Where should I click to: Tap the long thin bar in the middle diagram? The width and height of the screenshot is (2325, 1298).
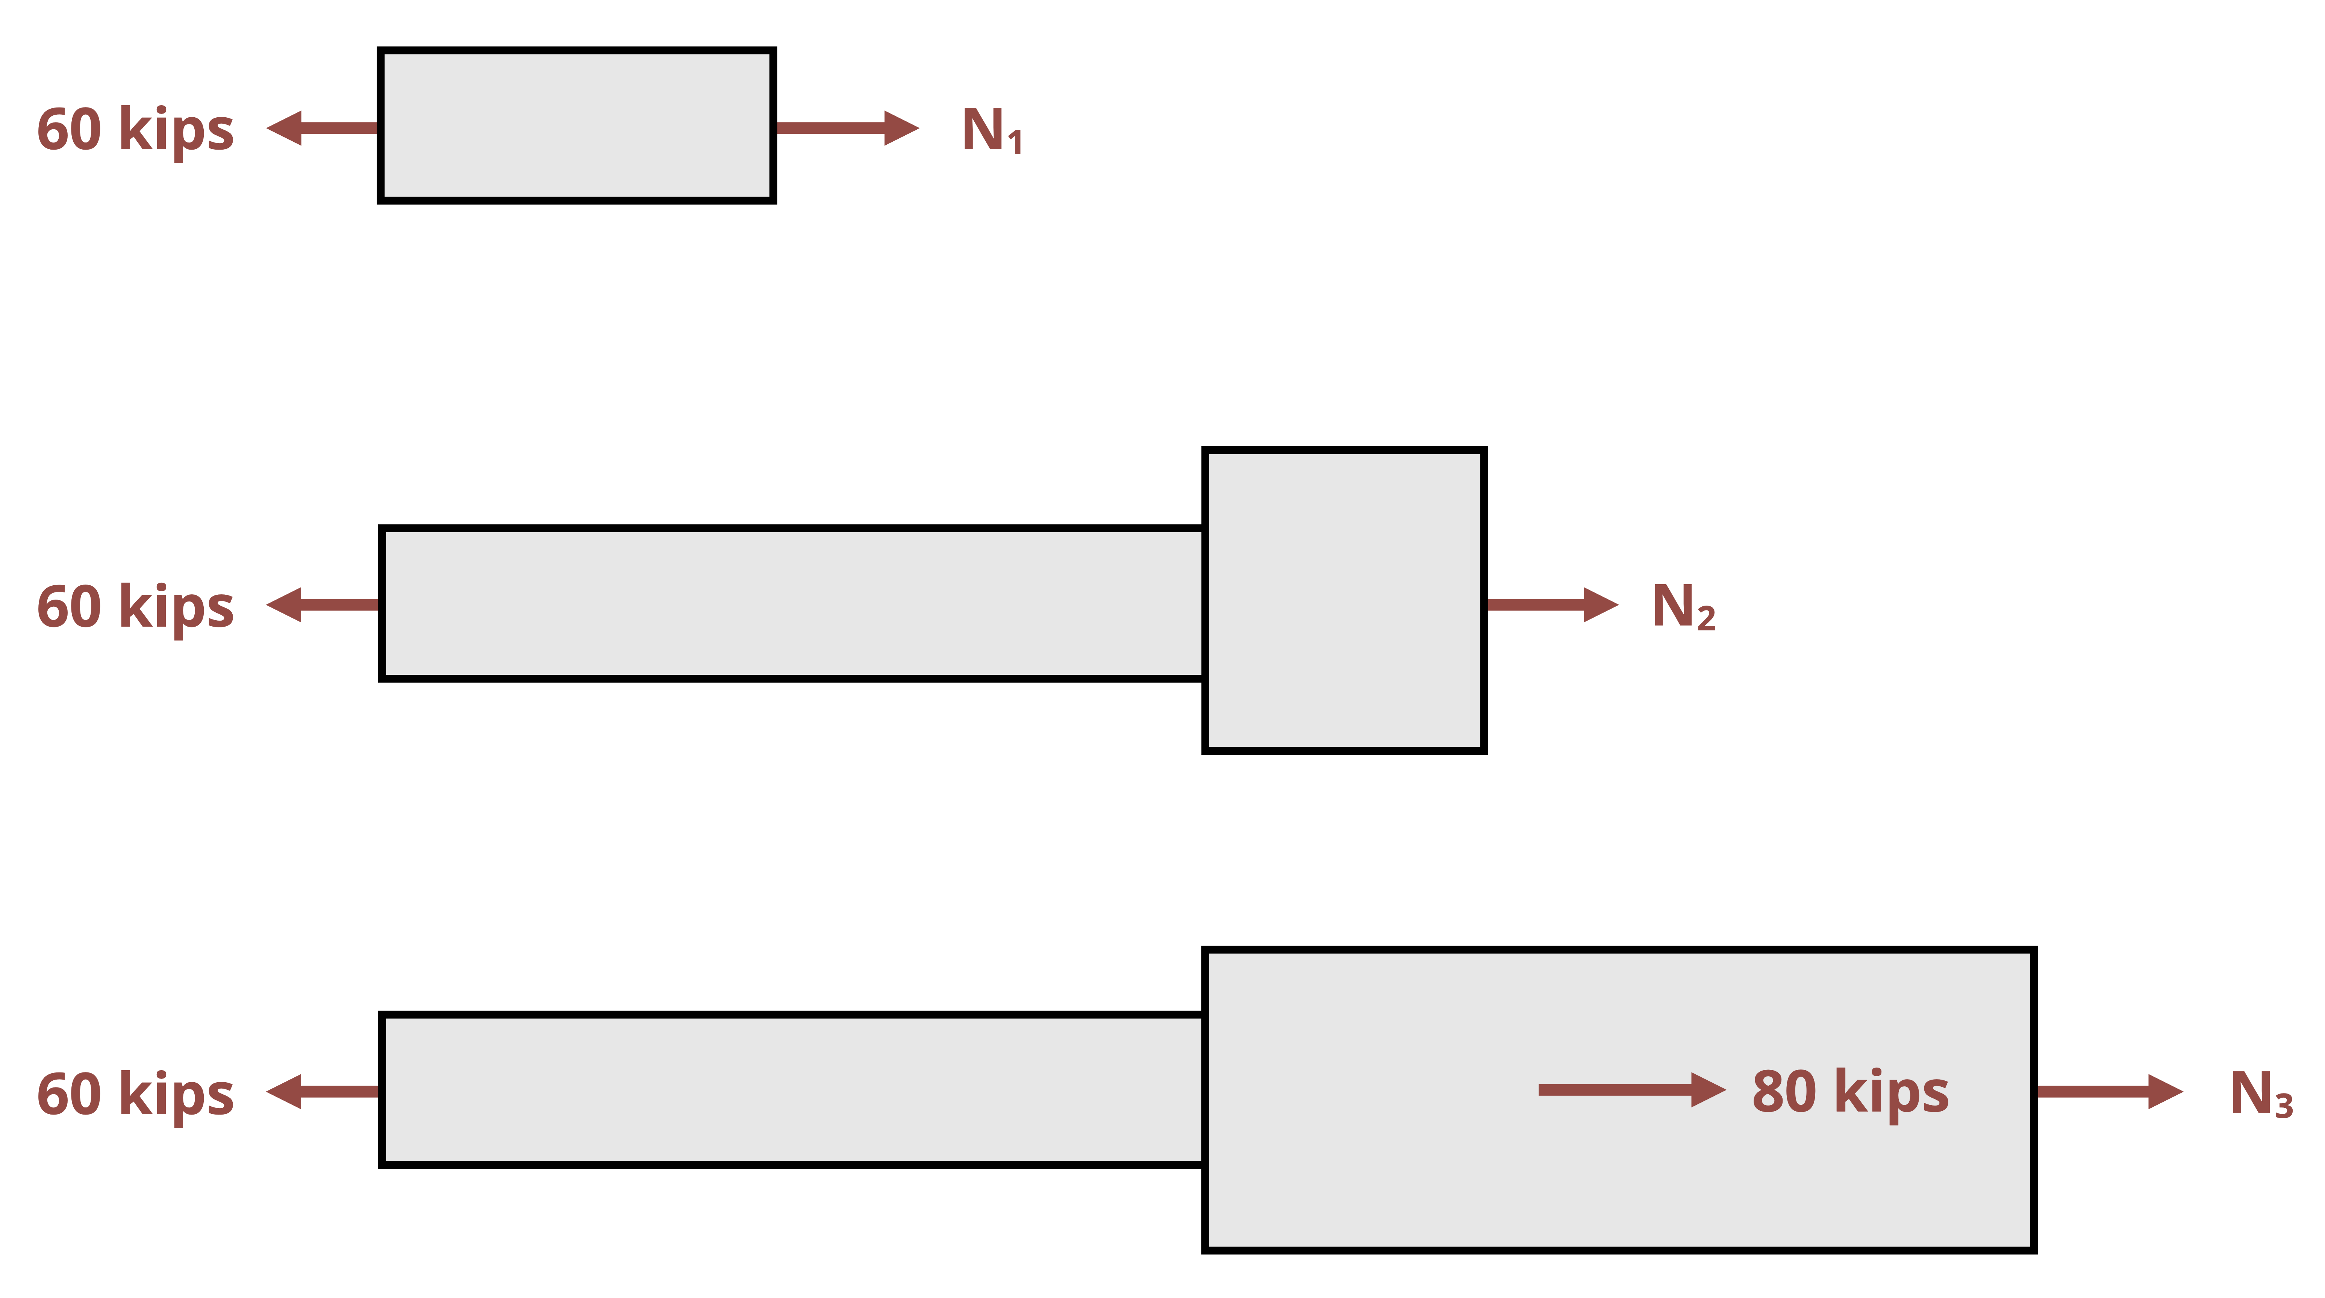coord(792,603)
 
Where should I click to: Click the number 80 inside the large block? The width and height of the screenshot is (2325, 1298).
coord(1783,1092)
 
